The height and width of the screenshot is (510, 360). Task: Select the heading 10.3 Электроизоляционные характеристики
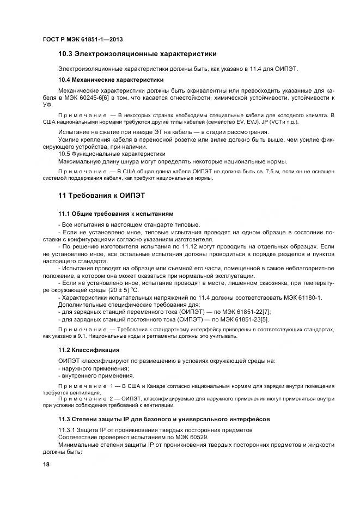tap(137, 54)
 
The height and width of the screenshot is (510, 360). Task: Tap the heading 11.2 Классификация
tap(89, 349)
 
